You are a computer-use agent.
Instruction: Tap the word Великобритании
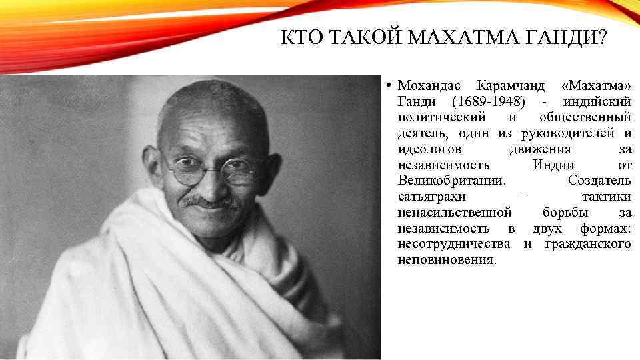coord(451,181)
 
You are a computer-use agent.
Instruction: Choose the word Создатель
coord(599,181)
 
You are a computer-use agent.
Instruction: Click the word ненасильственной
coord(455,213)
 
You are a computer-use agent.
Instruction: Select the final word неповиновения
coord(447,260)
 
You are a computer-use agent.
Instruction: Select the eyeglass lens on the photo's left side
coord(183,168)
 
